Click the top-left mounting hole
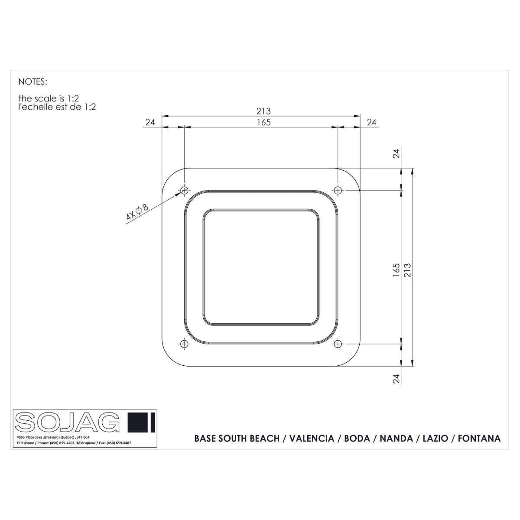point(185,190)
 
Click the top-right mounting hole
point(338,190)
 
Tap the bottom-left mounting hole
point(185,344)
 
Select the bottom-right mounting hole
point(338,344)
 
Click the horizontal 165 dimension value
point(263,122)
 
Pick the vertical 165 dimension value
point(396,270)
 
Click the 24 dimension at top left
point(150,122)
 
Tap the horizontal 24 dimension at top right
point(371,122)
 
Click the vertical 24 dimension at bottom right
point(396,379)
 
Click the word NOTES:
point(32,81)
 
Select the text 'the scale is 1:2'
point(49,99)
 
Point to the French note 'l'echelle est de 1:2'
point(57,107)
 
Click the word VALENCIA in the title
point(312,439)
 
